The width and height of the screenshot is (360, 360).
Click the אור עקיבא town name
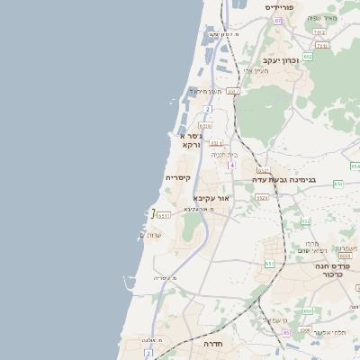pyautogui.click(x=212, y=197)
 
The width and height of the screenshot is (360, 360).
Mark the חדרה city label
pyautogui.click(x=212, y=344)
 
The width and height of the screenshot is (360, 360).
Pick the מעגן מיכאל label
pyautogui.click(x=203, y=91)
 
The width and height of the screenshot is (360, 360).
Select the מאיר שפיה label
pyautogui.click(x=321, y=18)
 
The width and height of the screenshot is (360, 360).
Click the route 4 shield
pyautogui.click(x=231, y=166)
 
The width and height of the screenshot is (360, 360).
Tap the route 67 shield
pyautogui.click(x=278, y=20)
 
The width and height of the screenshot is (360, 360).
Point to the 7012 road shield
pyautogui.click(x=319, y=31)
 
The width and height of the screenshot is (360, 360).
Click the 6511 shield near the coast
pyautogui.click(x=163, y=214)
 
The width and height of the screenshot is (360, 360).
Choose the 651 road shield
pyautogui.click(x=268, y=263)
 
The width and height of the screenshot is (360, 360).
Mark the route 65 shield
pyautogui.click(x=286, y=333)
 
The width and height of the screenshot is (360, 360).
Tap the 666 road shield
pyautogui.click(x=307, y=310)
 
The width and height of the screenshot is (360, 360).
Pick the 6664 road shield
pyautogui.click(x=345, y=255)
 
